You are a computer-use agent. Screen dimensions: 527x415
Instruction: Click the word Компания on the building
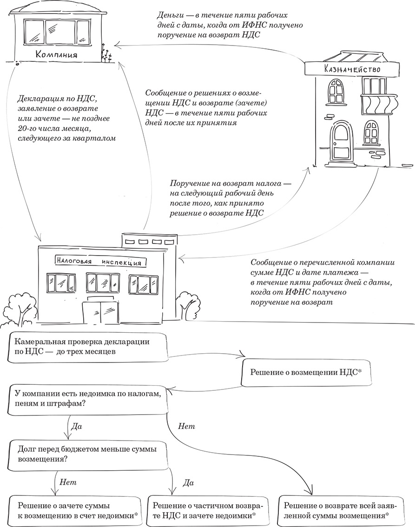point(56,55)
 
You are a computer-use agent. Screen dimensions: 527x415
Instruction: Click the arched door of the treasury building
point(340,142)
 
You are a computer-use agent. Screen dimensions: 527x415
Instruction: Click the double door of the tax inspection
point(101,312)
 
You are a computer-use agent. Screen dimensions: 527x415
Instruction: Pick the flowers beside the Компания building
point(107,52)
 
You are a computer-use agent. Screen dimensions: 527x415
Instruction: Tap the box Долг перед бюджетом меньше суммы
point(86,454)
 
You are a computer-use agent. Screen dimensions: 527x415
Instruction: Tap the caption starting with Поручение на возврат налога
point(231,198)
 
